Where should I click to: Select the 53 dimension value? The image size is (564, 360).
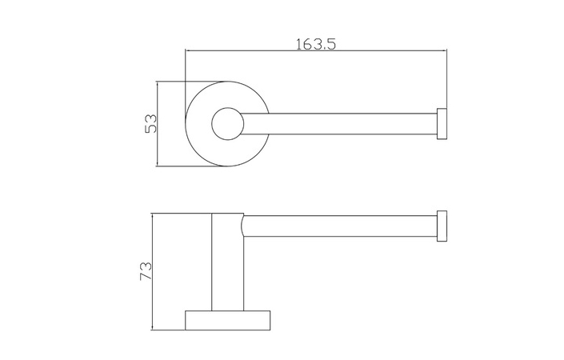click(x=149, y=123)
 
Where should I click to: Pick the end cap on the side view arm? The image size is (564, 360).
click(x=442, y=226)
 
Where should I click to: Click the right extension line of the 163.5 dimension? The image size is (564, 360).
click(x=446, y=80)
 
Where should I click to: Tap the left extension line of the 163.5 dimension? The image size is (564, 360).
click(x=186, y=68)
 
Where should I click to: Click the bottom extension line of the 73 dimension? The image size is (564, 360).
click(x=168, y=330)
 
